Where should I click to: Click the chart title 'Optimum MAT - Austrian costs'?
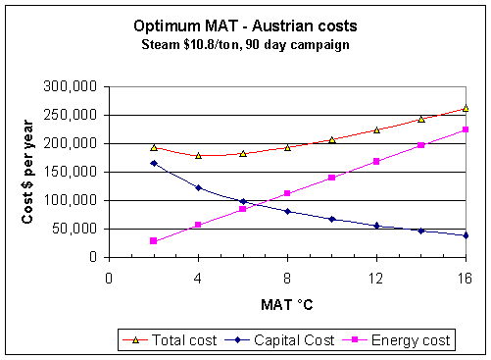pos(244,27)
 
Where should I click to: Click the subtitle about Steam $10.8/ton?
pos(244,45)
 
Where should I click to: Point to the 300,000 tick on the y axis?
pos(71,86)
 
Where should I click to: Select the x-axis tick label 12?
pos(376,276)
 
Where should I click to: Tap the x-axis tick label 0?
pos(108,276)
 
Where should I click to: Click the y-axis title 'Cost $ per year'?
pos(29,172)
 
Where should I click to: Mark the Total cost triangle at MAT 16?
pos(466,108)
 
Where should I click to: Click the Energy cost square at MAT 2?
pos(154,240)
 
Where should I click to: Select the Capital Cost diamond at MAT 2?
pos(154,163)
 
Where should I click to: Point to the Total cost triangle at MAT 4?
pos(198,155)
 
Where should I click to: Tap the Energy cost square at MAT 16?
pos(466,129)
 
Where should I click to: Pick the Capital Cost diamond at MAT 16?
pos(466,235)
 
